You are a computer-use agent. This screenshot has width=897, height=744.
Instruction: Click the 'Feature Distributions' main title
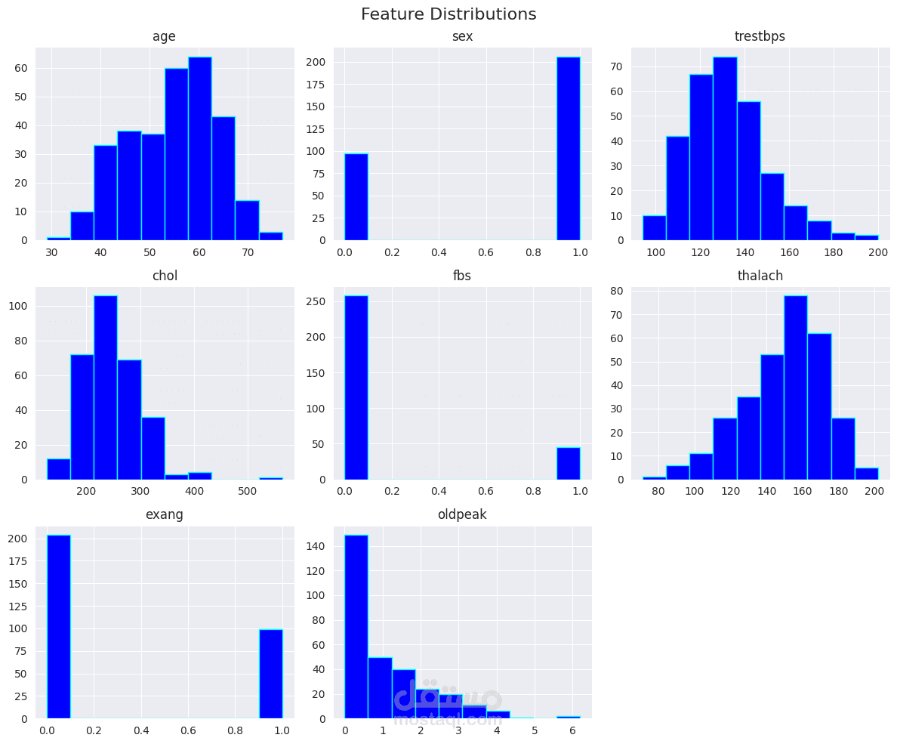point(448,14)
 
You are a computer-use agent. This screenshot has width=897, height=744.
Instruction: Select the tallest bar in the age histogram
point(200,148)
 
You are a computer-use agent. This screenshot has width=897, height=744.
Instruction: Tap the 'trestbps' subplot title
point(760,36)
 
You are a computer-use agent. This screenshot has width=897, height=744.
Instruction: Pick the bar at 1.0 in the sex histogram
point(569,148)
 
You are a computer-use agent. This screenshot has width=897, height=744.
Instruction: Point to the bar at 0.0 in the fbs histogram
point(356,387)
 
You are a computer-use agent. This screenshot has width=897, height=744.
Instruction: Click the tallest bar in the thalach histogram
point(796,387)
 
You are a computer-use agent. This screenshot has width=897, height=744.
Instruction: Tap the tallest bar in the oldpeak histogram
point(356,626)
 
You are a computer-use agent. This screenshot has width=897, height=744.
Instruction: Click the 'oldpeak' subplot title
point(462,514)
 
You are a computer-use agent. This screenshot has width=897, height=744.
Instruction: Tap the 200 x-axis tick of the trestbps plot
point(878,252)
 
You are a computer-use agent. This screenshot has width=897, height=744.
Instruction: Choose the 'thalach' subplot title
point(760,276)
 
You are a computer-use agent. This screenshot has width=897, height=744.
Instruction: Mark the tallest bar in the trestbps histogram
point(725,148)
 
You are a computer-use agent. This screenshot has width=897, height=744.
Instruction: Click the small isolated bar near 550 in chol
point(271,478)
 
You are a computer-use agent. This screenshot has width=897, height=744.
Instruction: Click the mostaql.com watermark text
point(448,720)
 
